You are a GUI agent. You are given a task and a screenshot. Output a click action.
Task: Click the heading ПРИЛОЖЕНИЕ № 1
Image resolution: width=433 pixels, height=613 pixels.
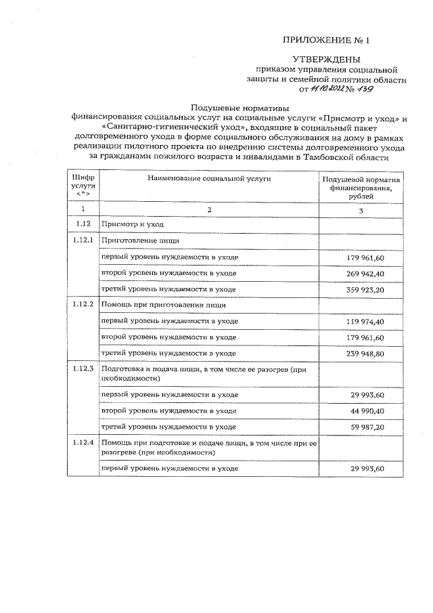pyautogui.click(x=322, y=40)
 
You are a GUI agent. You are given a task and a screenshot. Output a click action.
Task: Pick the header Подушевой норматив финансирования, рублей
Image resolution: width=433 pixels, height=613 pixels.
pyautogui.click(x=361, y=188)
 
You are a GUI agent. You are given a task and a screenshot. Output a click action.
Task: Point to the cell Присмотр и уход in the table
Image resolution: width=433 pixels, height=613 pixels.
pyautogui.click(x=133, y=224)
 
